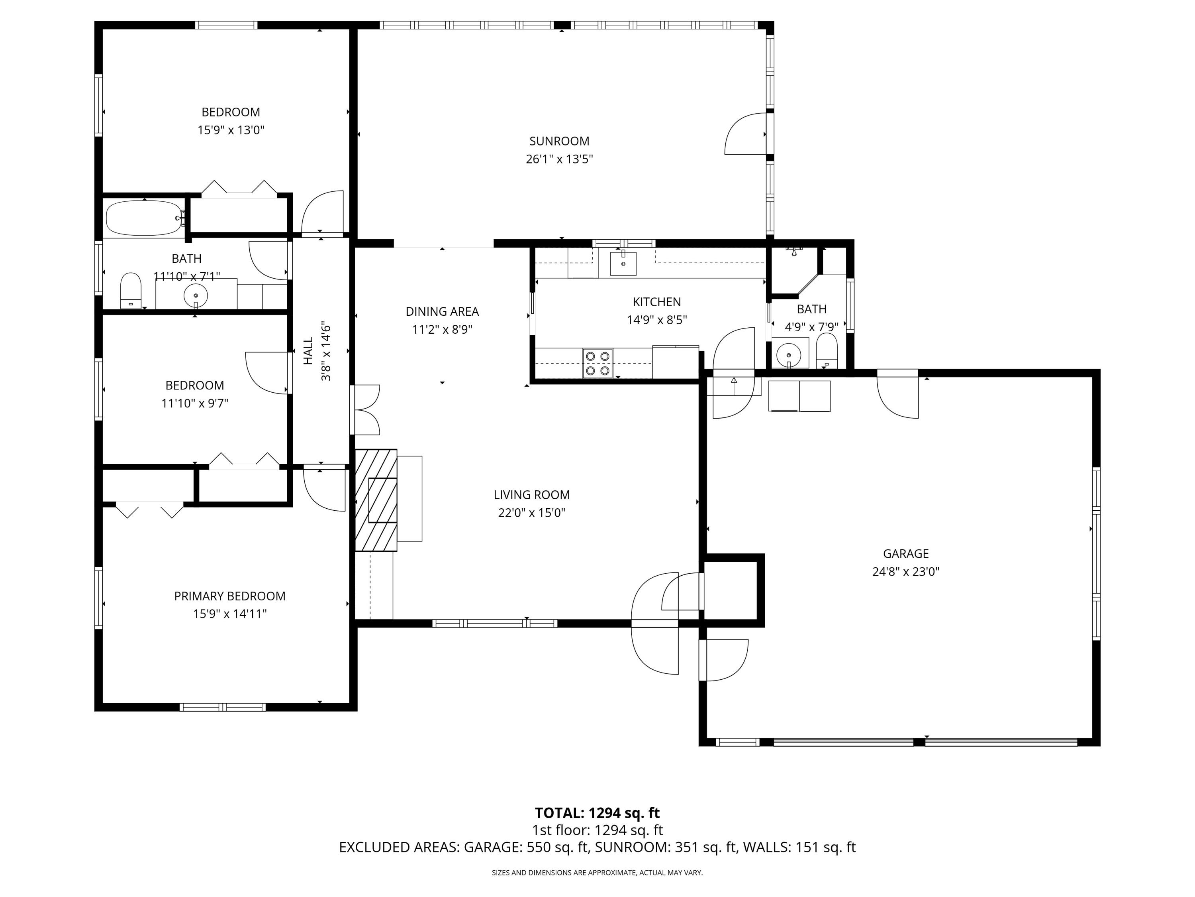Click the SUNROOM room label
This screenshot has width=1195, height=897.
pos(559,141)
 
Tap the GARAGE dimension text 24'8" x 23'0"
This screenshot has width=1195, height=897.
pos(906,572)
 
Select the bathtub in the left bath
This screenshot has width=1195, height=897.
pos(145,218)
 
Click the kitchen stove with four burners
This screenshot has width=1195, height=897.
pos(597,363)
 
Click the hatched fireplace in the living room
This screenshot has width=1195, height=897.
pos(376,500)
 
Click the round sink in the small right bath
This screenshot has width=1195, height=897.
pos(789,355)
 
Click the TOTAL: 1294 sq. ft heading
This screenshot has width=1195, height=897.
pos(597,812)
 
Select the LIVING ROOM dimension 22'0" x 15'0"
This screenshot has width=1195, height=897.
pos(532,513)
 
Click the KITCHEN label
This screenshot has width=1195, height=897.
pos(657,302)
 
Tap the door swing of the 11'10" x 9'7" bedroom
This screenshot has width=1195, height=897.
pos(267,373)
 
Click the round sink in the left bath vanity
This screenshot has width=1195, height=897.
pos(196,296)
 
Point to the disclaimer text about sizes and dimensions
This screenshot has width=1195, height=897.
pos(597,872)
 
